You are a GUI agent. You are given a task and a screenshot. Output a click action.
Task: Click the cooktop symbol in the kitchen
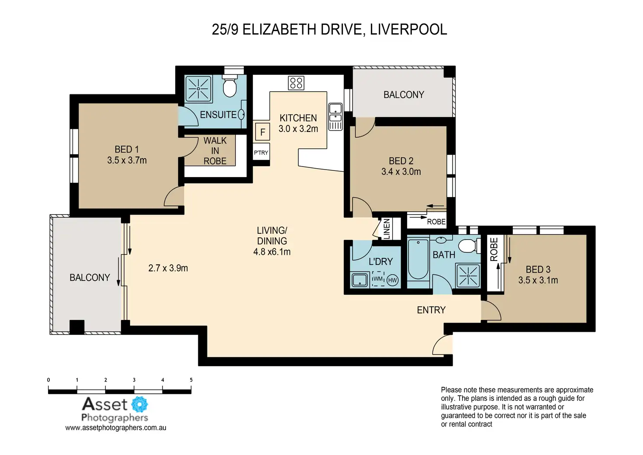(x=296, y=83)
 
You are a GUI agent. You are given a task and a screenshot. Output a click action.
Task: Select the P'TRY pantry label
(x=261, y=153)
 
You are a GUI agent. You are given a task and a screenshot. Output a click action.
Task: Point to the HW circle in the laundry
(x=392, y=280)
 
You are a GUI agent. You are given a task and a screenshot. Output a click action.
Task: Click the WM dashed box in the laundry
(x=378, y=279)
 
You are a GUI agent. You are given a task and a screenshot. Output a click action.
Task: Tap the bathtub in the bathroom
(x=418, y=260)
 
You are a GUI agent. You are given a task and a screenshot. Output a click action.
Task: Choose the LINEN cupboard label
(x=387, y=229)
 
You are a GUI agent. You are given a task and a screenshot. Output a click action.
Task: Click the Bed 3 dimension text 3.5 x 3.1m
(x=538, y=280)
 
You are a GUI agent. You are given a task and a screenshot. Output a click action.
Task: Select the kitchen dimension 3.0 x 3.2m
(x=298, y=129)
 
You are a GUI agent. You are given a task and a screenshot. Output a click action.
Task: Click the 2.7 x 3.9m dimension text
(x=168, y=268)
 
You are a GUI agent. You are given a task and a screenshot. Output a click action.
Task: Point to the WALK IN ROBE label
(x=215, y=151)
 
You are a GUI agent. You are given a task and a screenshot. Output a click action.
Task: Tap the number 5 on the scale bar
(x=191, y=380)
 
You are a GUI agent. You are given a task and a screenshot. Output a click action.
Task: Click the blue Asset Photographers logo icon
(x=139, y=404)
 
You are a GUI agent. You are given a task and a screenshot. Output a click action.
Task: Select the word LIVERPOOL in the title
(x=408, y=30)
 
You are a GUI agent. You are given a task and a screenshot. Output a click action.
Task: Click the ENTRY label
(x=431, y=310)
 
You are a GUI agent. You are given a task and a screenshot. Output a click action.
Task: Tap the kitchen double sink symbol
(x=335, y=116)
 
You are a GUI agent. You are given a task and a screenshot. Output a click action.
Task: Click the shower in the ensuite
(x=198, y=89)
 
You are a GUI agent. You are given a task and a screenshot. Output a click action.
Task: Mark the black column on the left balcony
(x=77, y=327)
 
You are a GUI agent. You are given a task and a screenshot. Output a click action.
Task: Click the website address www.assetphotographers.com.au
(x=116, y=428)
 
